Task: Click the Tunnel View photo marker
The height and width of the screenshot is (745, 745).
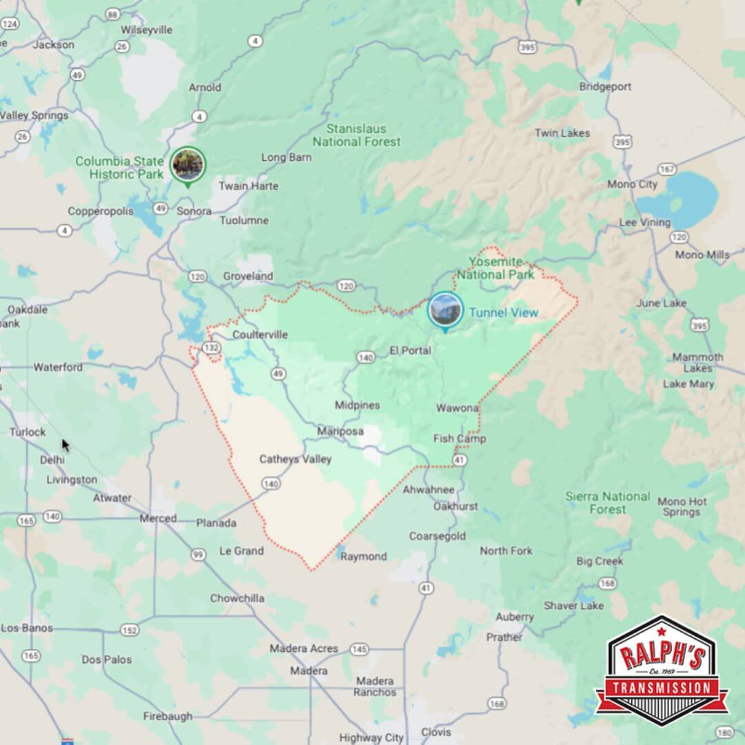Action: point(445,310)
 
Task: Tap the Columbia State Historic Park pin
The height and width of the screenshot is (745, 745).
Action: point(188,164)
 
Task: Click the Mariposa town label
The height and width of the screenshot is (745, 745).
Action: point(340,431)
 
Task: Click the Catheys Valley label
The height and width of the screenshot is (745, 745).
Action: point(295,459)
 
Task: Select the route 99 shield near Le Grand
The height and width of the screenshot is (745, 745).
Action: point(198,554)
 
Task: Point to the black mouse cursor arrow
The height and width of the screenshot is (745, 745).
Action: point(65,445)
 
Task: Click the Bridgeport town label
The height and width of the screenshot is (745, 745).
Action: point(605,87)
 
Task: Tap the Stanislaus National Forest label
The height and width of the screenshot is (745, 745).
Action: point(356,135)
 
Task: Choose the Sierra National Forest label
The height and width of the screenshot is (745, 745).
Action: point(607,503)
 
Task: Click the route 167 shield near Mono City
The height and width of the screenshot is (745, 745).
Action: point(667,169)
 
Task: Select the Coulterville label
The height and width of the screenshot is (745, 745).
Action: point(260,335)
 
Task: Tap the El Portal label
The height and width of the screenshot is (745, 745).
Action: point(410,350)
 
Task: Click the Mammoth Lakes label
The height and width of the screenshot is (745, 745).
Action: point(697,362)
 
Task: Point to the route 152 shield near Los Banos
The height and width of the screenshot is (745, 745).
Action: point(129,630)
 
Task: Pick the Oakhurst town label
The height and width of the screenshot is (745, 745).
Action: point(455,506)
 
